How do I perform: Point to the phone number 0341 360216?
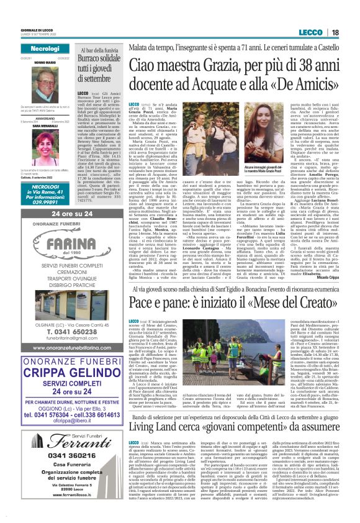pyautogui.click(x=61, y=455)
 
